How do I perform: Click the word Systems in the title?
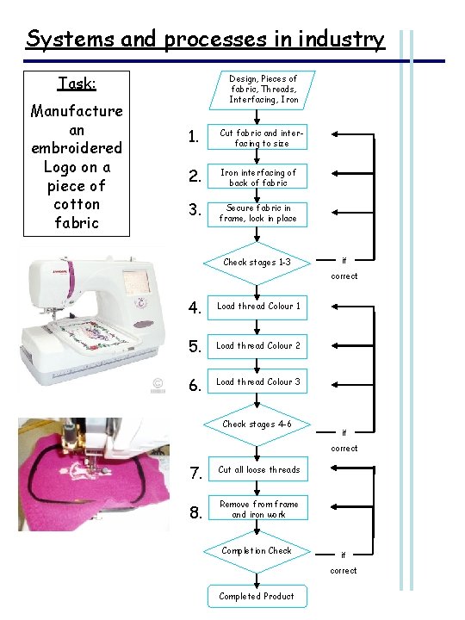(71, 40)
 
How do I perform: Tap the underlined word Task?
(77, 84)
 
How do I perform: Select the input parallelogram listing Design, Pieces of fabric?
(262, 90)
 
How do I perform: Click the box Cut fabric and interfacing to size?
(257, 137)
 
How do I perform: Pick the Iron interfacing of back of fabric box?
(257, 176)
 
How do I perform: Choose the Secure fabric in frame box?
(257, 214)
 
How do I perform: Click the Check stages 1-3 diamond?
(257, 263)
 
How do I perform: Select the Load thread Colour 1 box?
(257, 307)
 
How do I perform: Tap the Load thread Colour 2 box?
(257, 346)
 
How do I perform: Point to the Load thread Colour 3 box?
(257, 381)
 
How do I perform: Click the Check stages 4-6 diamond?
(257, 425)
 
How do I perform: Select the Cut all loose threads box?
(258, 469)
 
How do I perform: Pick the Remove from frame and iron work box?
(258, 508)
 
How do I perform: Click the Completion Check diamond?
(257, 552)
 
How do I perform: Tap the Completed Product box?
(257, 596)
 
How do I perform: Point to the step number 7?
(195, 473)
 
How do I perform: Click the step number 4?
(195, 307)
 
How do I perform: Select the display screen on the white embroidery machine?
(137, 281)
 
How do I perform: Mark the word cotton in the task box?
(77, 204)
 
